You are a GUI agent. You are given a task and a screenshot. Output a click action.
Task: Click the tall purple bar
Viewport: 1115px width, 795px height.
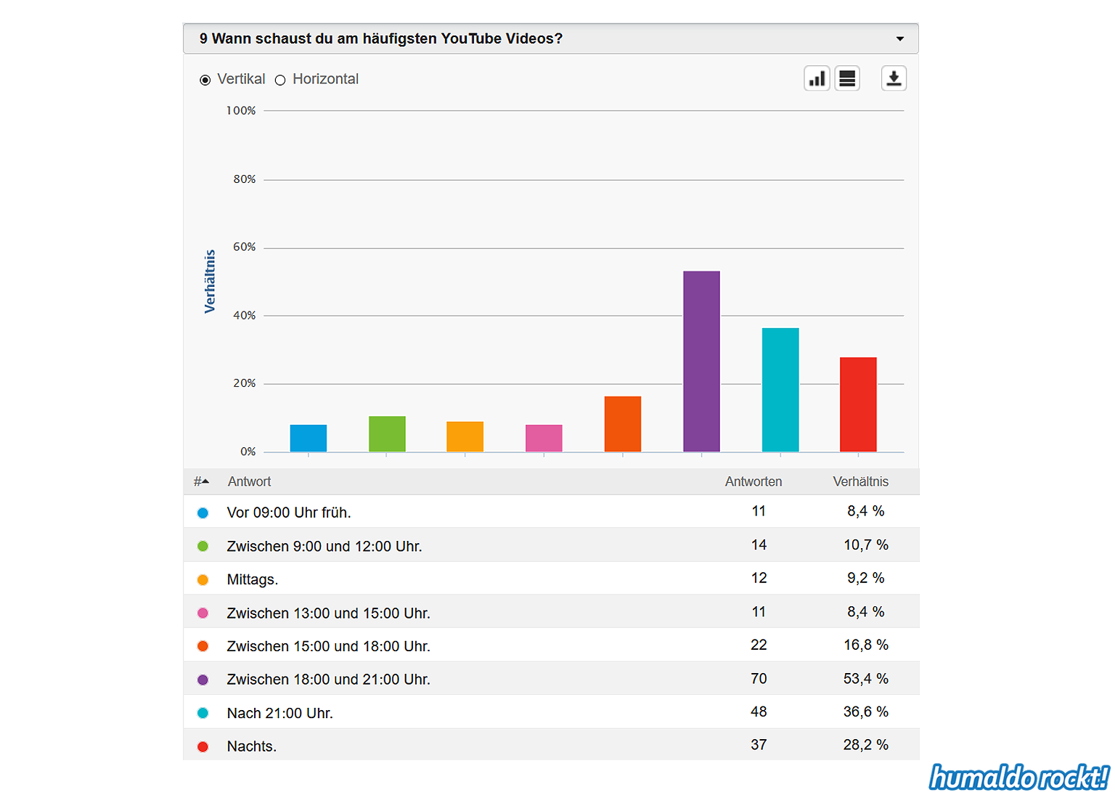click(x=701, y=362)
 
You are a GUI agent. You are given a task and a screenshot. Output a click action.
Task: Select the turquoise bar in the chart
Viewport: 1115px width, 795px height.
click(x=780, y=390)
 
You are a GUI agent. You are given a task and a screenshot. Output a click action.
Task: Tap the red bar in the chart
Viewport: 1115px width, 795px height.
click(x=858, y=404)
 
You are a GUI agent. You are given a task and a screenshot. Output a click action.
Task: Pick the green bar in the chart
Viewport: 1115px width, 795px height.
click(x=387, y=434)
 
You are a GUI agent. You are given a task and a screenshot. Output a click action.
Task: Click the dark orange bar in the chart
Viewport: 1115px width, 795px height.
click(x=623, y=424)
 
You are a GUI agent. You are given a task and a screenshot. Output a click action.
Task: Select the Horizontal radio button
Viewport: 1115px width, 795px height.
click(x=280, y=80)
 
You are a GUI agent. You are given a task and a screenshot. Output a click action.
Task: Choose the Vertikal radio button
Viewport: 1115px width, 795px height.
click(x=205, y=80)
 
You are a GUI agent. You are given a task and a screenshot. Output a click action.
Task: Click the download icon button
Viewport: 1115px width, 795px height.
click(x=894, y=78)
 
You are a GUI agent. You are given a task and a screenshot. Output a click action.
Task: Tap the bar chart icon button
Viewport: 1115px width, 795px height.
click(x=817, y=78)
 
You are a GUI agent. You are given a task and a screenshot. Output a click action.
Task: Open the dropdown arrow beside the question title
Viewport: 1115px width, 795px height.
click(x=900, y=39)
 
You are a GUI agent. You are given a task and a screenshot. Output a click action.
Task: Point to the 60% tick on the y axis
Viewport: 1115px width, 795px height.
click(x=245, y=248)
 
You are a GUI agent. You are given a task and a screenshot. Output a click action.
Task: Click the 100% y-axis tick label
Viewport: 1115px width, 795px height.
click(x=241, y=111)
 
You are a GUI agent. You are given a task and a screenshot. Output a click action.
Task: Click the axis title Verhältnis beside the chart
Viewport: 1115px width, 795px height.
click(x=210, y=282)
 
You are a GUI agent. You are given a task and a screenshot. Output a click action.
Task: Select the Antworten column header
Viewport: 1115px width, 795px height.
click(x=753, y=481)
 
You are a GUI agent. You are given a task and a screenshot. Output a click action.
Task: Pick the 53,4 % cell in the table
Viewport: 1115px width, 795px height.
click(x=865, y=679)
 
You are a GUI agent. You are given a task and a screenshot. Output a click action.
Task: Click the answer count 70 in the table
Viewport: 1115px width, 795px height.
click(x=759, y=679)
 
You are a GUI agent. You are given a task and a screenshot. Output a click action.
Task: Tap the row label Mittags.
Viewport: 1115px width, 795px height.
click(x=253, y=579)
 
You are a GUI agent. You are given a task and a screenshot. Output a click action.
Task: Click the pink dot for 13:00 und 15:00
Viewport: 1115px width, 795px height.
click(x=203, y=613)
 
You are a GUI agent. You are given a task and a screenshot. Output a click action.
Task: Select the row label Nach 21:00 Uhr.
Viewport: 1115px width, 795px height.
click(x=280, y=713)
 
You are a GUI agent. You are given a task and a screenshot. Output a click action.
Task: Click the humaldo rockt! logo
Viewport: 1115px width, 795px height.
click(x=1019, y=778)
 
